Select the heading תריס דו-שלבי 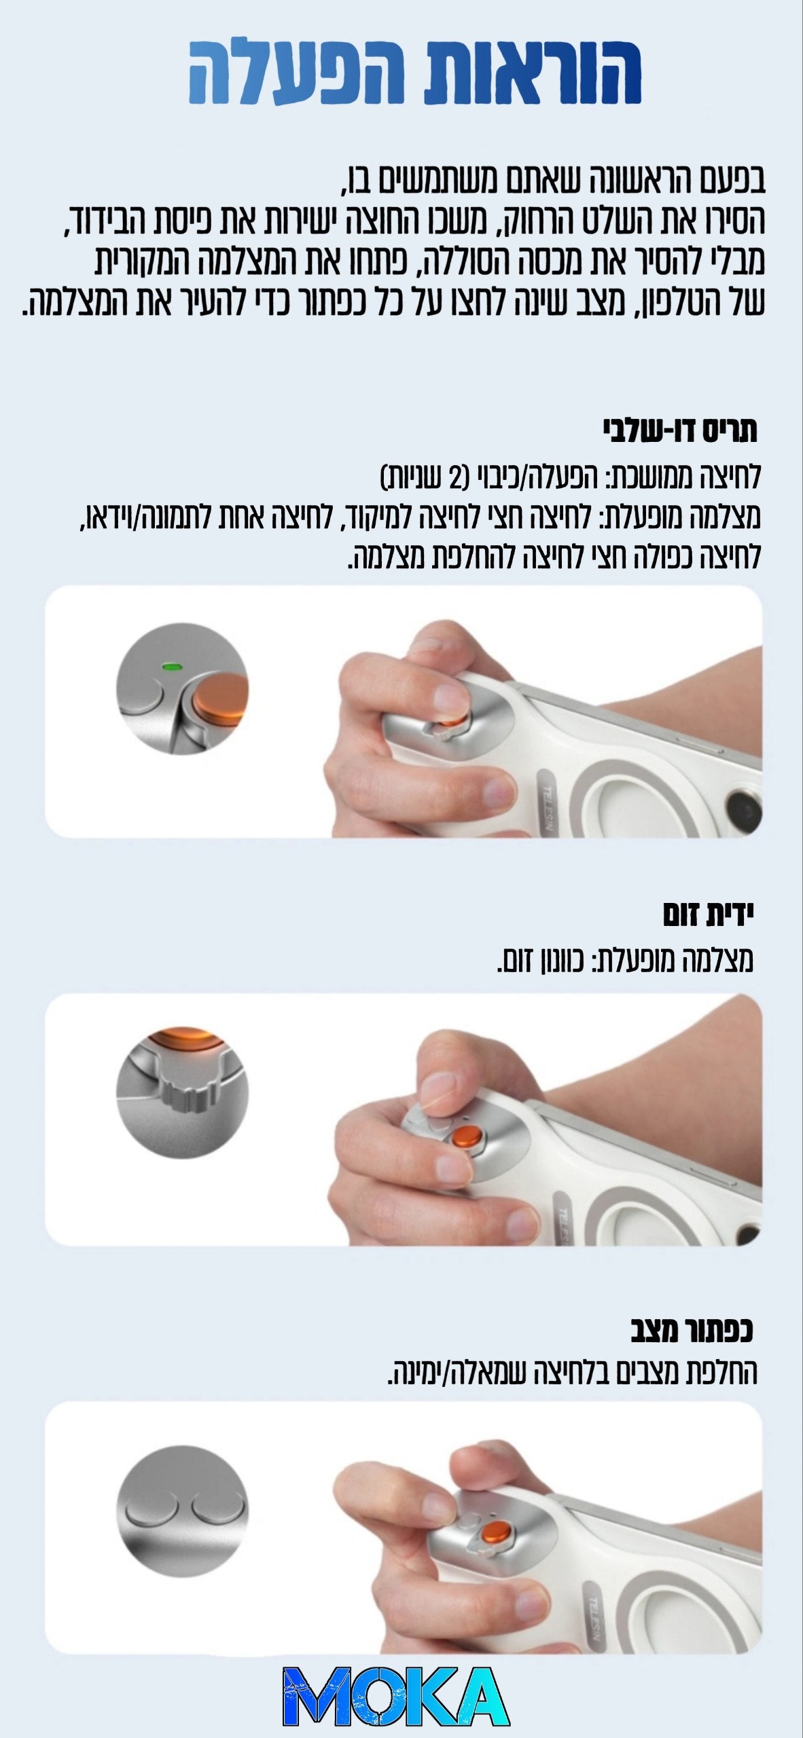click(x=680, y=432)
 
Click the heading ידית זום click(x=709, y=916)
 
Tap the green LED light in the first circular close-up click(x=170, y=666)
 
